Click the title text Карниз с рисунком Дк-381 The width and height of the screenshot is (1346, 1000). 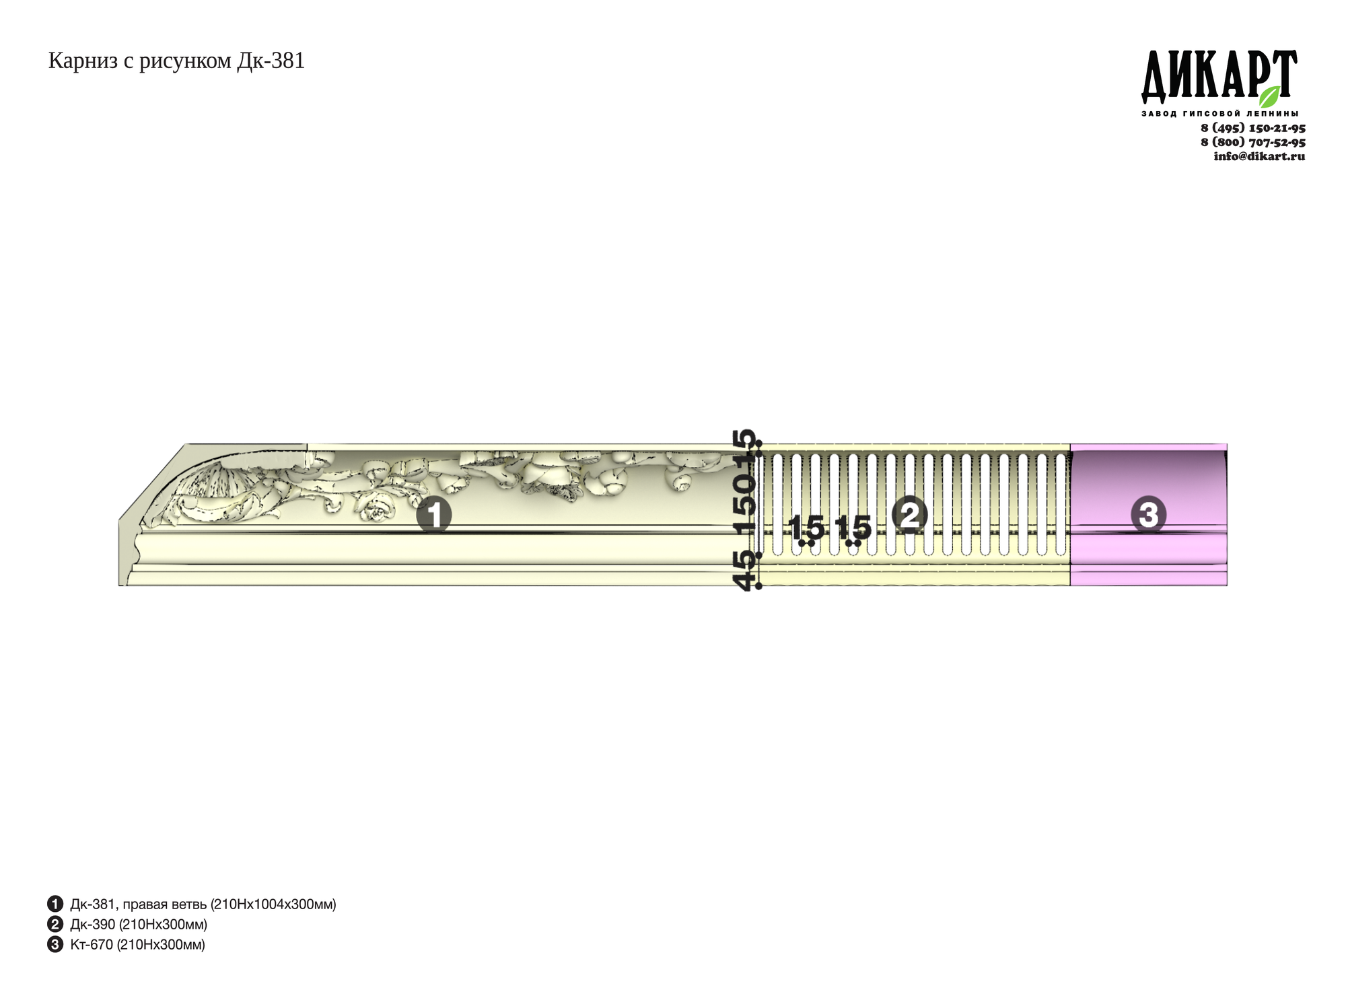176,61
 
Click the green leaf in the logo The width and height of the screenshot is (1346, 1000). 1270,96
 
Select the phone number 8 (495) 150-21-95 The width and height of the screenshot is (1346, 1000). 1253,128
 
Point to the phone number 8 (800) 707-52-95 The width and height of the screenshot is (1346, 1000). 1253,142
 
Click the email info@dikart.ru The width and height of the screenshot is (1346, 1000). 1259,156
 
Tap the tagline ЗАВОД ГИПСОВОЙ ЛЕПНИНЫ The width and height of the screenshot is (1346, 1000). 1220,114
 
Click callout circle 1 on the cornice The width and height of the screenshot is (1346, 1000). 434,515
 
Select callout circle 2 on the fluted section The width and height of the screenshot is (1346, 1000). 910,515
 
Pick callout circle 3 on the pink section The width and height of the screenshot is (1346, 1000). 1148,515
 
